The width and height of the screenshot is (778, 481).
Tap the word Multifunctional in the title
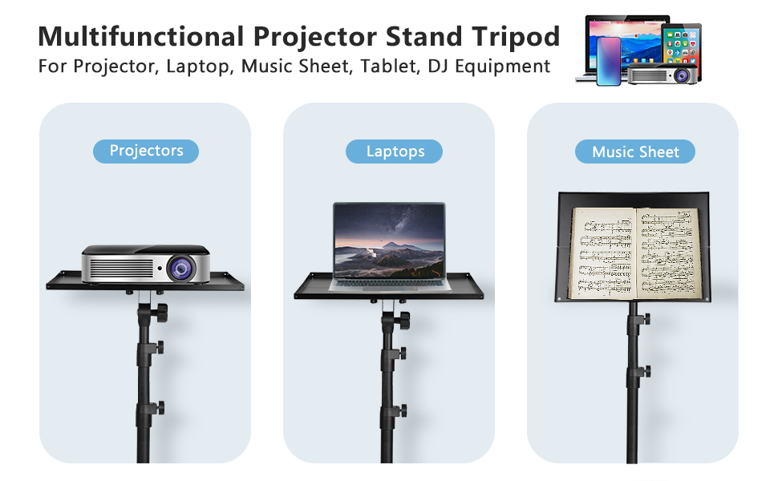point(141,37)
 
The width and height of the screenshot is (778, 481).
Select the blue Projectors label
point(146,152)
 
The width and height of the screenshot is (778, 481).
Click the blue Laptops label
point(394,152)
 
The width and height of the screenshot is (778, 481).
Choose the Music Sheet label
point(635,152)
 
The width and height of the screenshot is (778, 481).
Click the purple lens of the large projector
point(181,269)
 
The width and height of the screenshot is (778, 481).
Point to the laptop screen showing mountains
point(389,241)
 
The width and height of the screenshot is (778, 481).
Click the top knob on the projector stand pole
point(160,313)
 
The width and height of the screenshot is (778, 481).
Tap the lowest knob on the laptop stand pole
point(402,410)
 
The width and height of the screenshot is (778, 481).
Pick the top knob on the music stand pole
point(646,319)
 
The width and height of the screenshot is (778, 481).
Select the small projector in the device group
point(663,74)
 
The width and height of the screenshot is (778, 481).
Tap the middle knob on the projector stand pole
point(159,347)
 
